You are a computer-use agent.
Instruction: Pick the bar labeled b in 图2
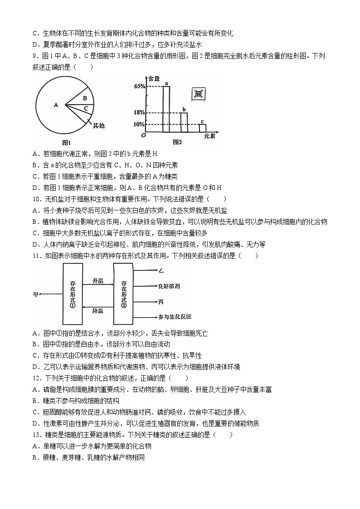pyautogui.click(x=184, y=124)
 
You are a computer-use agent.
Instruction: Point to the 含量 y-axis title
pyautogui.click(x=154, y=78)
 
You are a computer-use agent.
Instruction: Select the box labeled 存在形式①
pyautogui.click(x=72, y=294)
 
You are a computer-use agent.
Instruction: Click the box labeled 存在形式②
pyautogui.click(x=123, y=294)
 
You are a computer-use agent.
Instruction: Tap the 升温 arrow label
pyautogui.click(x=97, y=281)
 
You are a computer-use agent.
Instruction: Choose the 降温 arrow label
pyautogui.click(x=97, y=311)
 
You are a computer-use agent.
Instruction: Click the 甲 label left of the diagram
pyautogui.click(x=36, y=294)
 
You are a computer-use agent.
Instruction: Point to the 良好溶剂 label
pyautogui.click(x=169, y=286)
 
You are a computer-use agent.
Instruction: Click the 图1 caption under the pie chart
pyautogui.click(x=67, y=142)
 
